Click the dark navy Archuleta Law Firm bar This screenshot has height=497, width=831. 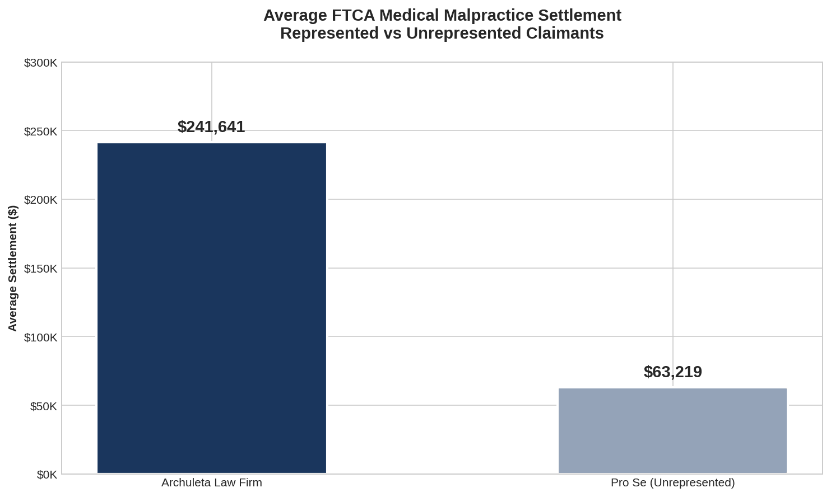click(212, 308)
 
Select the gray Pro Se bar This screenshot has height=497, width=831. click(672, 430)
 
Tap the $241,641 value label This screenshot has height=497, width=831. click(211, 127)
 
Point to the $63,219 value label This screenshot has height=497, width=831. click(672, 372)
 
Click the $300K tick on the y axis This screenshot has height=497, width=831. click(40, 63)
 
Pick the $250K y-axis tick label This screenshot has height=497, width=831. click(40, 132)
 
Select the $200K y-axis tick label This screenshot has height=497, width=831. click(40, 200)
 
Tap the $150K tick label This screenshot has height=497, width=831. click(40, 269)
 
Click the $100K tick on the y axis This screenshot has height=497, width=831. click(40, 337)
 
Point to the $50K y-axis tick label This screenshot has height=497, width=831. click(43, 406)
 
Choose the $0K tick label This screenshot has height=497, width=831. click(47, 475)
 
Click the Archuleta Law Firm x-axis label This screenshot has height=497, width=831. click(212, 482)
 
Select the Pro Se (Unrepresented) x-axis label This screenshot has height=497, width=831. click(672, 482)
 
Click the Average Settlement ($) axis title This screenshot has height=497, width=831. click(13, 268)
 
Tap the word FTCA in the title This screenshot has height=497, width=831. click(349, 16)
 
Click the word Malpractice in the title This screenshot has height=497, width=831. click(483, 16)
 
